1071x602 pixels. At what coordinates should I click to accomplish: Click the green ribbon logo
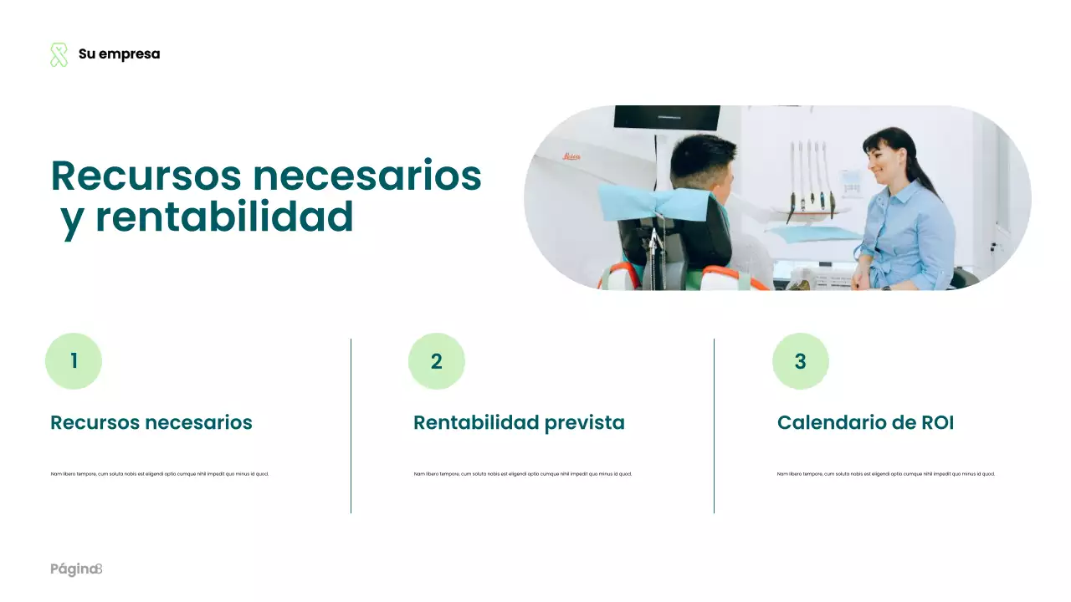click(59, 54)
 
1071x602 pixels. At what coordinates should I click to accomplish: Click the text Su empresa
click(119, 54)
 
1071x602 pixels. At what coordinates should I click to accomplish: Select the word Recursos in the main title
click(146, 176)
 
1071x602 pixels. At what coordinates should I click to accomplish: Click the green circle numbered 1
click(74, 361)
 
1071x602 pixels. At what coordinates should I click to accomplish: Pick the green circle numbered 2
click(437, 361)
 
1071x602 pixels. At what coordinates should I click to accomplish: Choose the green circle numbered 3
click(800, 361)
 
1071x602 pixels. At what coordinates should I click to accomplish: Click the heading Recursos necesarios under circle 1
click(151, 423)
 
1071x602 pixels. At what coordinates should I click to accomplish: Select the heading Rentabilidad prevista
click(519, 423)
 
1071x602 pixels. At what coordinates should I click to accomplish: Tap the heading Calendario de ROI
click(865, 423)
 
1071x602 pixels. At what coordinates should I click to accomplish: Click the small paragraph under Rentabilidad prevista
click(523, 474)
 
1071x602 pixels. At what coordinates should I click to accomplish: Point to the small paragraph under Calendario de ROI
click(886, 474)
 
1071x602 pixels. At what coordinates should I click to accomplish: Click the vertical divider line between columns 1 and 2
click(351, 426)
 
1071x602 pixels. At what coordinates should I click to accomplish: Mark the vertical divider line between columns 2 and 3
click(714, 426)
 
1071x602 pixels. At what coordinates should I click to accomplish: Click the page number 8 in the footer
click(99, 569)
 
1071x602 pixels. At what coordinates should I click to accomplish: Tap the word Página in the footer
click(72, 570)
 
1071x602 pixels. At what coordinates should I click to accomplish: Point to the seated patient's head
click(705, 161)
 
